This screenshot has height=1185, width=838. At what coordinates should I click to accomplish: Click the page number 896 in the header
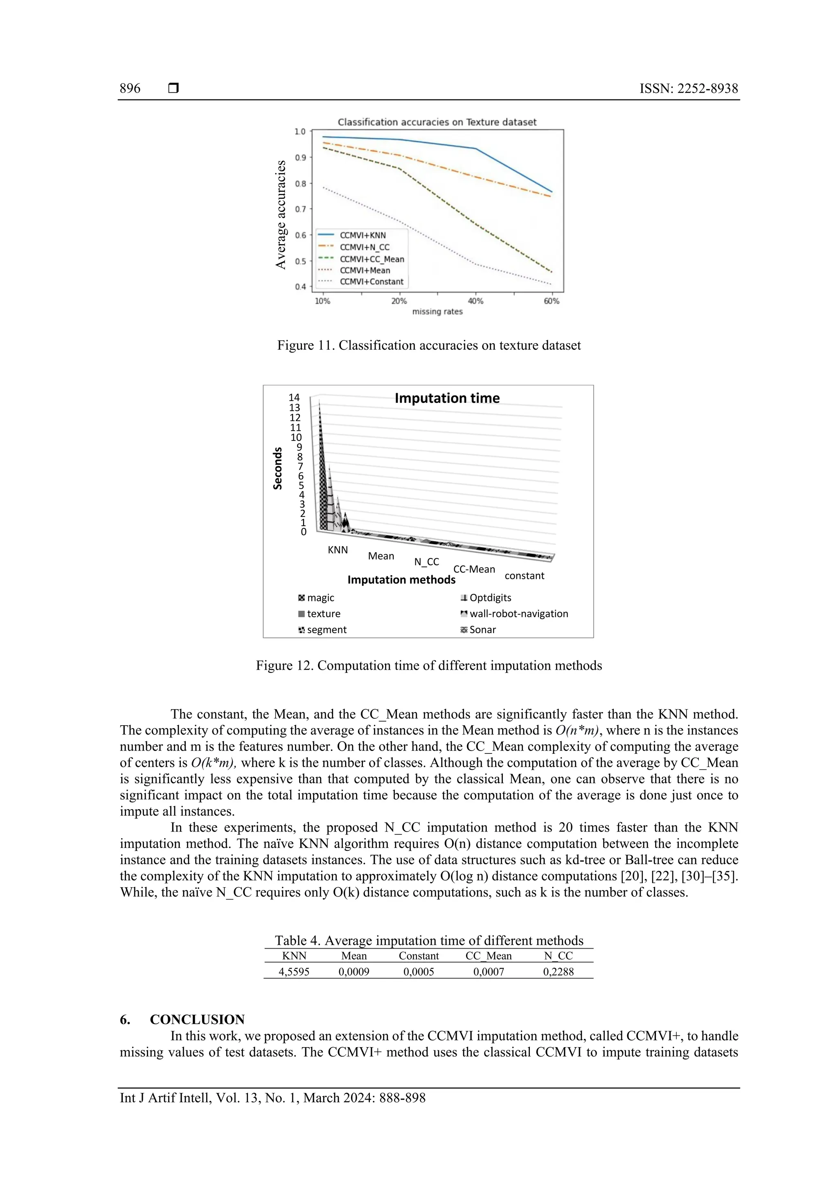click(x=130, y=88)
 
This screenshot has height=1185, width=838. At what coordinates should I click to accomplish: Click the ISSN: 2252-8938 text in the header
click(x=688, y=88)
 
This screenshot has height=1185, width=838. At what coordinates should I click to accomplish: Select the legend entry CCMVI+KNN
click(x=362, y=235)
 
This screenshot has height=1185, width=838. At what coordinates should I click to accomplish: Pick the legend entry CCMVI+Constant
click(x=371, y=282)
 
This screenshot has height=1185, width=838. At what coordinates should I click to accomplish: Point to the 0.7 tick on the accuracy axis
click(x=300, y=209)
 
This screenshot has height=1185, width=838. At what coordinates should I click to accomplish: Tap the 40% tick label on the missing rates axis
click(x=475, y=301)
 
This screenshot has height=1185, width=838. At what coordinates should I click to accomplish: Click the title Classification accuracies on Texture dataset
click(x=437, y=122)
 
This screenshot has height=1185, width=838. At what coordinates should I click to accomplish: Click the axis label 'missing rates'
click(x=437, y=312)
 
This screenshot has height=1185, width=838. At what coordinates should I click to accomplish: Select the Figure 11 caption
click(x=428, y=345)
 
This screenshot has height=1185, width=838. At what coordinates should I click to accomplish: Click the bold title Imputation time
click(x=447, y=398)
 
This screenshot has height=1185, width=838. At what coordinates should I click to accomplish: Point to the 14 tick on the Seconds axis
click(x=294, y=398)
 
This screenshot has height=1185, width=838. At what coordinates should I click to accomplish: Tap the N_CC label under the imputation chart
click(x=426, y=562)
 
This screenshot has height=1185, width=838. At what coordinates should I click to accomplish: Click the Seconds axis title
click(x=278, y=468)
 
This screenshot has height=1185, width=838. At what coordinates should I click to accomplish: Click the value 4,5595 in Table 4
click(x=294, y=972)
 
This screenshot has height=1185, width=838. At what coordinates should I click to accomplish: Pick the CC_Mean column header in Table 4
click(x=489, y=956)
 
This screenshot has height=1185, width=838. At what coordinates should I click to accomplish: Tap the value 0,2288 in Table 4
click(x=558, y=972)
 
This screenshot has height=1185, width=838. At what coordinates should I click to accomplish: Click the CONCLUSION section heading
click(x=197, y=1019)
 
